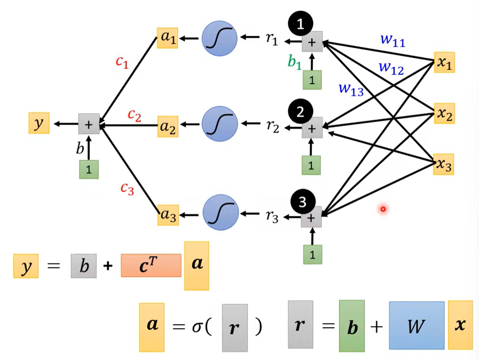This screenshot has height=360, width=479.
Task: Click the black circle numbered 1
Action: pos(301,25)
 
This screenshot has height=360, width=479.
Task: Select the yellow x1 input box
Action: pos(444,62)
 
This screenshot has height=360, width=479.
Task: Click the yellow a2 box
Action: pos(168,126)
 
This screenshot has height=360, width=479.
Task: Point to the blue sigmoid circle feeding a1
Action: pos(219,38)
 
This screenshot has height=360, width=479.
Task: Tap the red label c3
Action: pos(127,190)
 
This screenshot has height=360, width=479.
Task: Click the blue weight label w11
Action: pos(392,41)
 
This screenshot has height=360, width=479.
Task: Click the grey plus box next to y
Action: pos(89,124)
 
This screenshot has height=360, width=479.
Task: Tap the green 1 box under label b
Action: pos(89,169)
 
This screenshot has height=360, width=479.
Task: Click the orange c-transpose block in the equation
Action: pos(151,265)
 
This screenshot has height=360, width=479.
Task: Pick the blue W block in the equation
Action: pos(417,326)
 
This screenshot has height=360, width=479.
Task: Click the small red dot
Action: pos(383,209)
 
